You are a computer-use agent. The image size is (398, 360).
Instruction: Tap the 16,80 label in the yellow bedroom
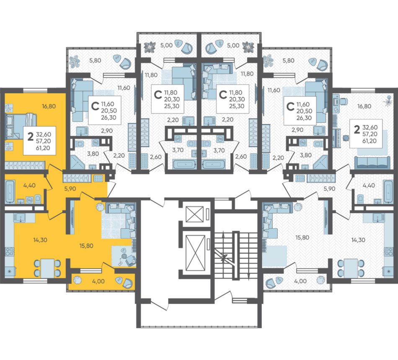[49, 106]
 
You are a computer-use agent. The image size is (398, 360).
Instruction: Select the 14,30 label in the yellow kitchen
[40, 239]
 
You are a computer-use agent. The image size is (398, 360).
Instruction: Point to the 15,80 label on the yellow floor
[86, 246]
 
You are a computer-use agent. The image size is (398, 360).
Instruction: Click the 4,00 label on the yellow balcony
[98, 281]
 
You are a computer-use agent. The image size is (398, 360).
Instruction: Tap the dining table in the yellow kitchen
[47, 267]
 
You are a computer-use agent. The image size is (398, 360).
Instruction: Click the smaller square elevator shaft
[195, 214]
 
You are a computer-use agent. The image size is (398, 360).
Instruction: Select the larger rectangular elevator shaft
[195, 253]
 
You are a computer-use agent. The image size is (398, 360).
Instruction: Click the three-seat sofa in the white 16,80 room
[372, 163]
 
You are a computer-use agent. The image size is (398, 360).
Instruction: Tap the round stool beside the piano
[346, 138]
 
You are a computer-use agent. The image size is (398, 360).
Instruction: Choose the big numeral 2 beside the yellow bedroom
[31, 137]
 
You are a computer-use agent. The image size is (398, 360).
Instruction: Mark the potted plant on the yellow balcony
[77, 280]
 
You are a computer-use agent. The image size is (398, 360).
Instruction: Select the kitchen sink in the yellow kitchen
[19, 218]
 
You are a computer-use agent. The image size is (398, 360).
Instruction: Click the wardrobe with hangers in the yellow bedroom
[25, 165]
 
